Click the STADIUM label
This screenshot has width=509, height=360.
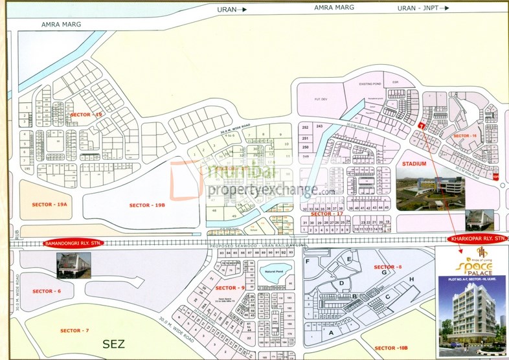[x=413, y=164]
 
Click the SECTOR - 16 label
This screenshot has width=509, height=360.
[x=464, y=135]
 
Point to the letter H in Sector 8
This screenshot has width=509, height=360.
[x=411, y=279]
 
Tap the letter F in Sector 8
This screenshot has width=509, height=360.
[x=308, y=261]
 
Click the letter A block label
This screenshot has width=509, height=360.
[x=332, y=332]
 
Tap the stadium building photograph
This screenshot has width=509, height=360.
[x=429, y=190]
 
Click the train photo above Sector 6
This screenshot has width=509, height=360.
[x=73, y=265]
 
